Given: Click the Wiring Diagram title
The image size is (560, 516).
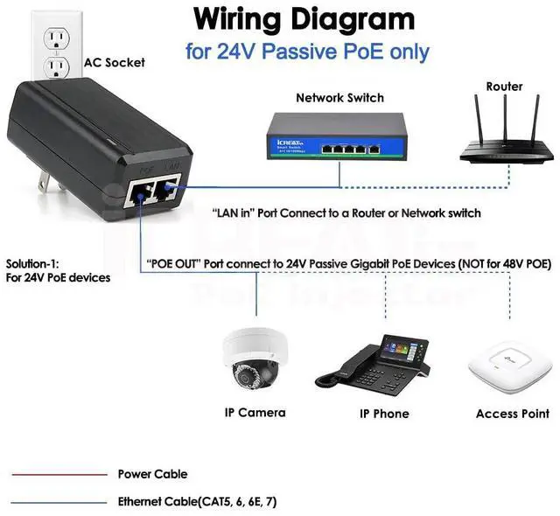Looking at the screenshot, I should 304,18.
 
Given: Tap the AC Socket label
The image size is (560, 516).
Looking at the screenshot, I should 115,63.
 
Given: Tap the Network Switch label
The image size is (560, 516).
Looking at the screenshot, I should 339,98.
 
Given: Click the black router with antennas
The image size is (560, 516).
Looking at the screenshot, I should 507,144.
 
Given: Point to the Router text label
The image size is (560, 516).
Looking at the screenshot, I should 504,87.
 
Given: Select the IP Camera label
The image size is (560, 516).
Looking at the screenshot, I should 255,412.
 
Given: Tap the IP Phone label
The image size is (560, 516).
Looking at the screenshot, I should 384,414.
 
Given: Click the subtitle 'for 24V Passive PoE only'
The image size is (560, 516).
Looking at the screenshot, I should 307,52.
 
